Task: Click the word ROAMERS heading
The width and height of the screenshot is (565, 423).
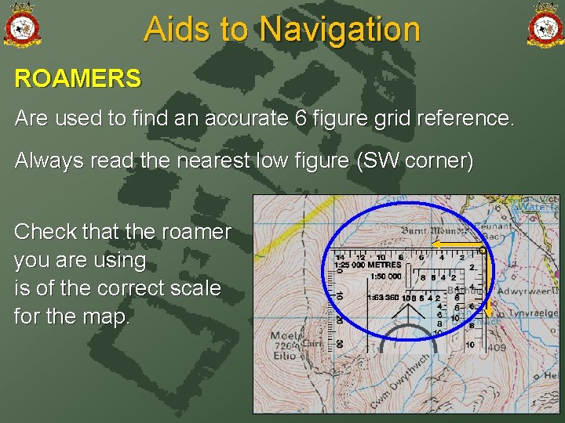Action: (x=78, y=79)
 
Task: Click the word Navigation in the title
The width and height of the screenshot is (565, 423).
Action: (x=340, y=30)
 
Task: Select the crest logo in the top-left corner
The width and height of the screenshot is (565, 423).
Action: (x=21, y=24)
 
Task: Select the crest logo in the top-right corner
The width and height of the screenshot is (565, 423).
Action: (x=545, y=24)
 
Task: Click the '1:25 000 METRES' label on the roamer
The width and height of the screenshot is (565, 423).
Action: (x=367, y=265)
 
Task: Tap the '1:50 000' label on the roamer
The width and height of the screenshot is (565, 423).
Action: (x=384, y=277)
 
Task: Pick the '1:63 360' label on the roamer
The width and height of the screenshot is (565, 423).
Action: (x=383, y=298)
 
